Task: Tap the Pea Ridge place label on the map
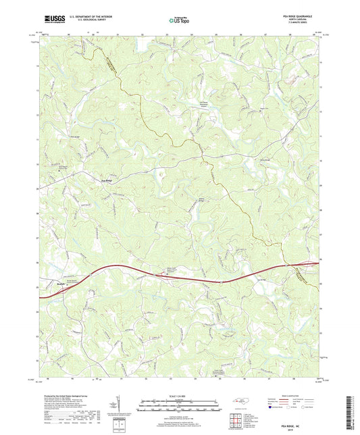point(108,181)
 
